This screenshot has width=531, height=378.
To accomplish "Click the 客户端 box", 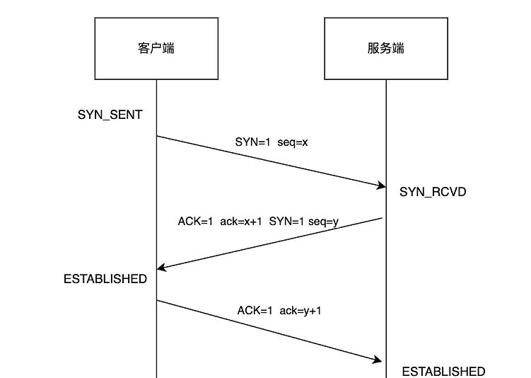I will (x=156, y=49).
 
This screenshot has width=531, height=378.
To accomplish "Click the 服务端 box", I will (x=386, y=49).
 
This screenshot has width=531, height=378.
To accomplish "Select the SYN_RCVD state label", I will (x=433, y=192).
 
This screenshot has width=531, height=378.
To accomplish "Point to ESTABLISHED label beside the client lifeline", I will (x=105, y=279).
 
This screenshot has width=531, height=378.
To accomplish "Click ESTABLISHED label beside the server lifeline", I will (x=443, y=371).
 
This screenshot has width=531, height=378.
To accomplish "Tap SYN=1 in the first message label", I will (x=253, y=142).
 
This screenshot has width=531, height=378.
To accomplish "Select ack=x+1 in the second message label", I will (x=240, y=222).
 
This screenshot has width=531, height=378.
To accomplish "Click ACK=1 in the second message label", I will (x=195, y=222).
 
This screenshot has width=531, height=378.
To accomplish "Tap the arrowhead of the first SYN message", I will (x=380, y=185).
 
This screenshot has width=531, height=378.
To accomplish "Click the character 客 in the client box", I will (x=144, y=49).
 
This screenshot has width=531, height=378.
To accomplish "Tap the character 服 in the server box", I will (x=373, y=49).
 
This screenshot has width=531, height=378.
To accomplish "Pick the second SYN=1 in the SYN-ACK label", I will (x=286, y=222).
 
